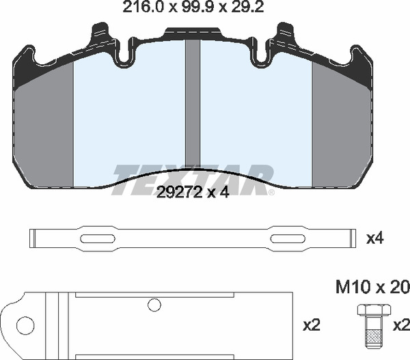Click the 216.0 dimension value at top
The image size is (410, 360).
coord(143,8)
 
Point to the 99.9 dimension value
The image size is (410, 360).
coord(193,8)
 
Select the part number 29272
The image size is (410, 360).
coord(179,193)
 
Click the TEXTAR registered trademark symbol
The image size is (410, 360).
coord(272,193)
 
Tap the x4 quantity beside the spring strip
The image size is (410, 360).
coord(375,238)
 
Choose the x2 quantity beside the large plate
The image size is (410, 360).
coord(312,325)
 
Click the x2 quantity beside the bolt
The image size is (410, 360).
coord(402,325)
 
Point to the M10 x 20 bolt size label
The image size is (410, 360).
coord(372,287)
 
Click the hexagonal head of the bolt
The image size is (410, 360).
coord(374,309)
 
